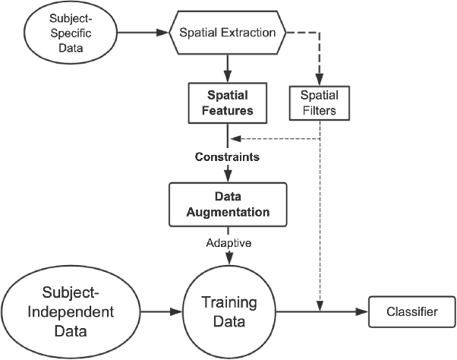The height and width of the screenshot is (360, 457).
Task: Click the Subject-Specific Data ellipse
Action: tap(63, 33)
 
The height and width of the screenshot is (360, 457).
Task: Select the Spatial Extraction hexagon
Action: tap(227, 33)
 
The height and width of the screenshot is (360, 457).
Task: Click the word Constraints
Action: tap(228, 159)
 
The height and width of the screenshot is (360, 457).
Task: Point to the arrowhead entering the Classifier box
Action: tap(363, 311)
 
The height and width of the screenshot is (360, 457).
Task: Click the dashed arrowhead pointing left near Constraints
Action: tap(235, 139)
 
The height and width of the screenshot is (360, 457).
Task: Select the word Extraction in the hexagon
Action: tap(254, 33)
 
